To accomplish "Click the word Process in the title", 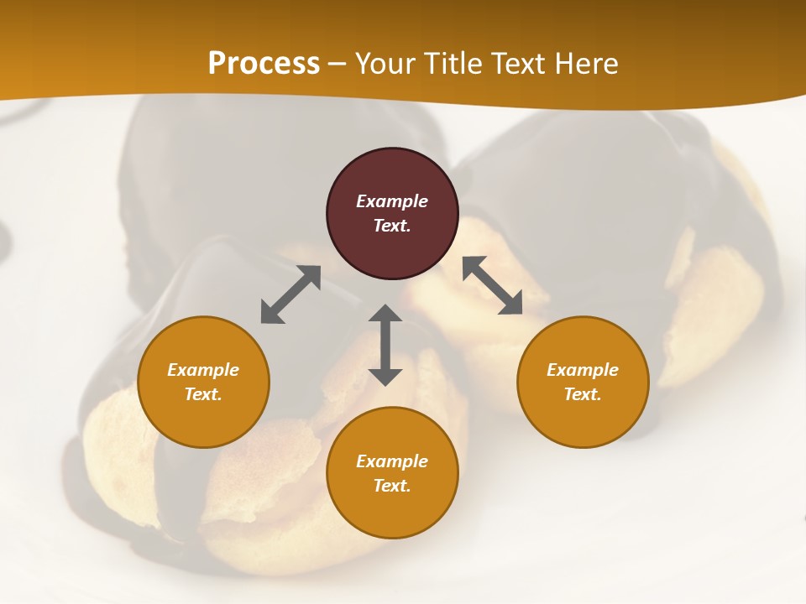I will coord(264,64).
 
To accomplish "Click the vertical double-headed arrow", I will coord(385,345).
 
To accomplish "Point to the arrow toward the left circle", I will coord(290,294).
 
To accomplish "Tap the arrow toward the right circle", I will coord(493,285).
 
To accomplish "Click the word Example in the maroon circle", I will coord(392,201).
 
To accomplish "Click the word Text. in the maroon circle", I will coord(392,226).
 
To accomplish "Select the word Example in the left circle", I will coord(203,370).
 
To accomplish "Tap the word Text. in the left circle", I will coord(203,394).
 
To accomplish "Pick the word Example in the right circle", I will coord(583,370).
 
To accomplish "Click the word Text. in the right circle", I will coord(583,394).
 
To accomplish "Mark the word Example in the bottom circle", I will coord(392,461).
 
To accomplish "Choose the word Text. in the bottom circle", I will coord(392,486).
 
